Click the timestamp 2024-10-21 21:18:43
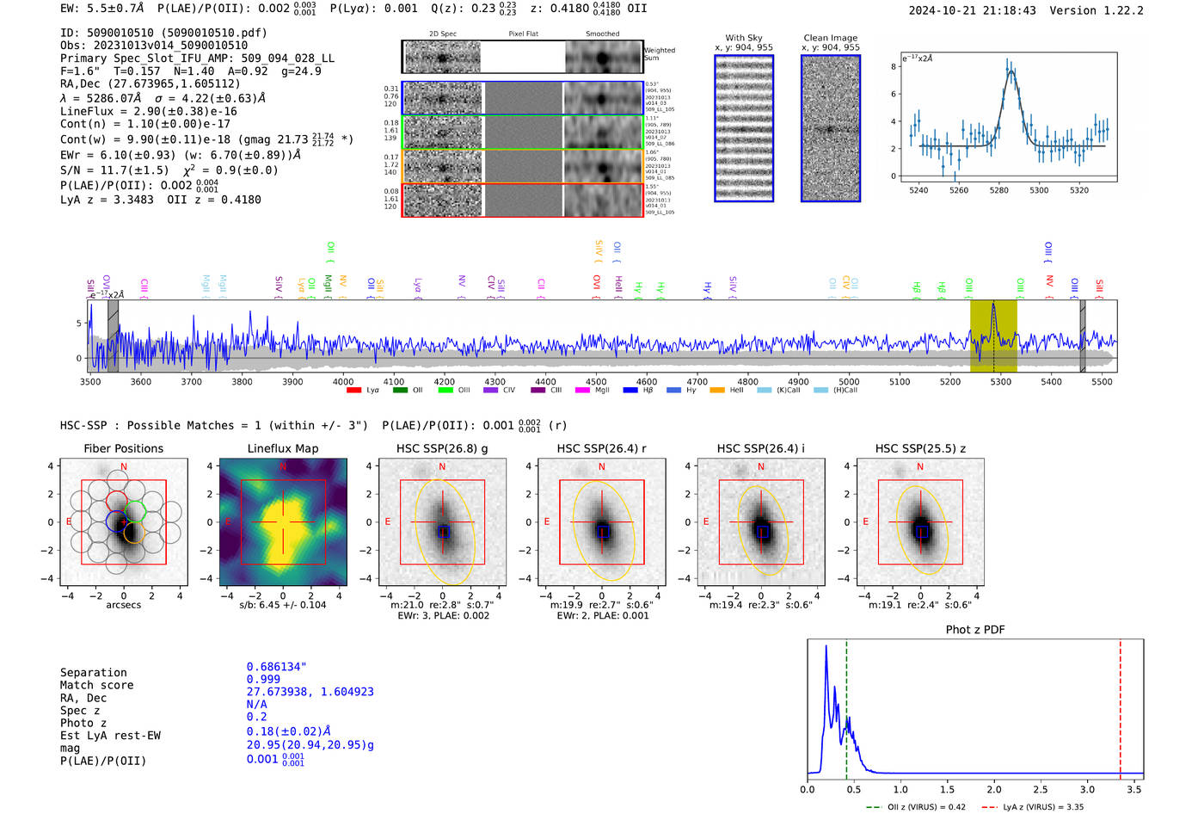[x=972, y=10]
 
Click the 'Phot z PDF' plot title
[x=975, y=630]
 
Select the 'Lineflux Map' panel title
[x=282, y=448]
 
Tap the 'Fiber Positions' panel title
[x=123, y=448]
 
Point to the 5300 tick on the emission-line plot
[x=1039, y=190]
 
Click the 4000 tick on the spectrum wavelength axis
[x=343, y=381]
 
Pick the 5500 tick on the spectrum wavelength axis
[x=1102, y=381]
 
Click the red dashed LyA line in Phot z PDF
[x=1121, y=706]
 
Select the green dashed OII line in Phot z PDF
[x=846, y=706]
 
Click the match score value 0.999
[x=263, y=679]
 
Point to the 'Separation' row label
[x=93, y=673]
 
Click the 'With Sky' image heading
[x=743, y=38]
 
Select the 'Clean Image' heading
[x=830, y=38]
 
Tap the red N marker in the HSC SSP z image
[x=920, y=466]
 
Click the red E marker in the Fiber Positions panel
[x=69, y=521]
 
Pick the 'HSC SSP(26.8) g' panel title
[x=442, y=448]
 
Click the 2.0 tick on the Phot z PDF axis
[x=994, y=789]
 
